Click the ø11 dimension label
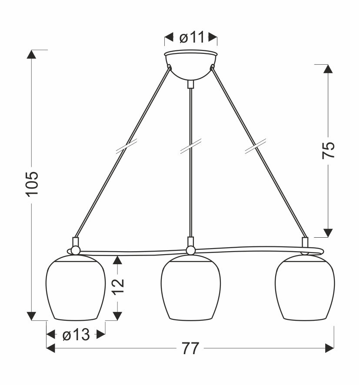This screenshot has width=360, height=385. tap(191, 38)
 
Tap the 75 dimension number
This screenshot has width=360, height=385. tap(329, 150)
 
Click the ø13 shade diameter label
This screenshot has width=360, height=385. tap(76, 335)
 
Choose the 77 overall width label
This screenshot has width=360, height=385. tap(190, 348)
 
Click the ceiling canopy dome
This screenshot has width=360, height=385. tap(190, 65)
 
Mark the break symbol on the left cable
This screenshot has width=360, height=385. tap(127, 146)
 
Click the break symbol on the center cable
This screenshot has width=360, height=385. tap(190, 146)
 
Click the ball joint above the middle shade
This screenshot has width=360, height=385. tap(190, 250)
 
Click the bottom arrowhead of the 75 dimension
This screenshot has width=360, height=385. tap(329, 232)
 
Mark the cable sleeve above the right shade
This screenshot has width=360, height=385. tap(305, 242)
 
